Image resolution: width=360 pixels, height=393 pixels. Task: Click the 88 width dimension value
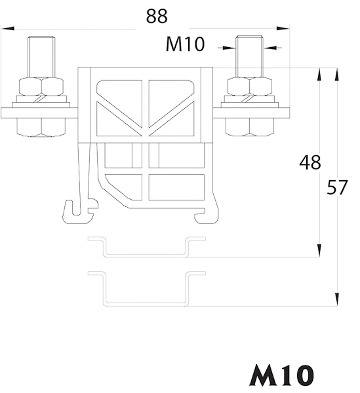[157, 16]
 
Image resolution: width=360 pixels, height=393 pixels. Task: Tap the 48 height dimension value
[310, 162]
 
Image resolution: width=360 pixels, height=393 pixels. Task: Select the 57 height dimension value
[337, 187]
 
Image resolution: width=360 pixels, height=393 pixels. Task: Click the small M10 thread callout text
[185, 44]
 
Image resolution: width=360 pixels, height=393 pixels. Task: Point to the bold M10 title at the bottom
[281, 375]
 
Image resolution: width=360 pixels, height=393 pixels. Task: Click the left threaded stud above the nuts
[41, 57]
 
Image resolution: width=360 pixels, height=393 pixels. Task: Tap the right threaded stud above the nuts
[249, 56]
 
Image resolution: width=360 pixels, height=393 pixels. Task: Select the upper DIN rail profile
[146, 247]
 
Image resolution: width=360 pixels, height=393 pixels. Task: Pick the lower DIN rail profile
[146, 288]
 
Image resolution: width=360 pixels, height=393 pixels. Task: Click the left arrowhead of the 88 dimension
[7, 28]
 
